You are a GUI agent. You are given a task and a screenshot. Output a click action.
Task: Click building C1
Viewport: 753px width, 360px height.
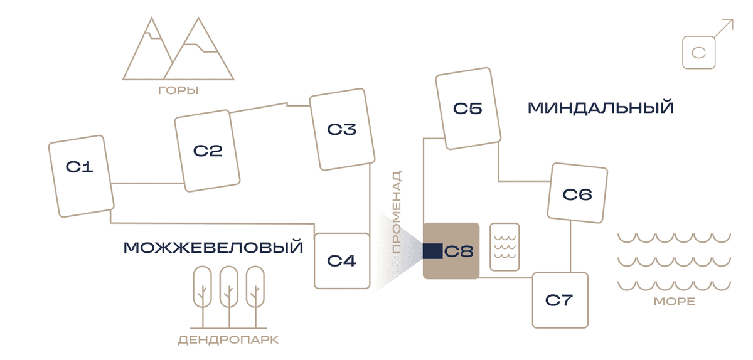coord(82,176)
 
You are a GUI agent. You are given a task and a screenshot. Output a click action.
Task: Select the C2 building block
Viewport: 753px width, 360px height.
coord(207,151)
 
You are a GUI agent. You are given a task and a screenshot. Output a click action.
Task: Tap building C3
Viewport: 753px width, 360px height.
coord(342,129)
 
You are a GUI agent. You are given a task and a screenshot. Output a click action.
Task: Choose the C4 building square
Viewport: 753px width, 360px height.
coord(342,261)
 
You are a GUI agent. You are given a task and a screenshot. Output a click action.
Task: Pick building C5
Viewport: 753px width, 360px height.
coord(468,109)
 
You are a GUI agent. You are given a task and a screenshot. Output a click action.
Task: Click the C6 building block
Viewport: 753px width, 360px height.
coord(577,193)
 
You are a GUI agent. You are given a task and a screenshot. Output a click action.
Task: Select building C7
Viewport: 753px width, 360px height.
coord(560,300)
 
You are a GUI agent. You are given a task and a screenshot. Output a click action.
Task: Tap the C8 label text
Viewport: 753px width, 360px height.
coord(459,251)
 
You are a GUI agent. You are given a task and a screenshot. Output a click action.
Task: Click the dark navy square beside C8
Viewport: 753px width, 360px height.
coord(432,251)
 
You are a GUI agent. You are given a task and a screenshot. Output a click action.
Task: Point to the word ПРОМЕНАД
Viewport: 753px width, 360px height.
coord(397,213)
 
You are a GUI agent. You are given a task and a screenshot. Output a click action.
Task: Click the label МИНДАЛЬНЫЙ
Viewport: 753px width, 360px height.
coord(601,108)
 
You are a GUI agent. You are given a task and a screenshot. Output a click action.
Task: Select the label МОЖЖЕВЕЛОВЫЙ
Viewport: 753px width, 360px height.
coord(213,247)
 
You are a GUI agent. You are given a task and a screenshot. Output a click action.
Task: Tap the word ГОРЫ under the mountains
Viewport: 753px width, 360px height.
coord(178,90)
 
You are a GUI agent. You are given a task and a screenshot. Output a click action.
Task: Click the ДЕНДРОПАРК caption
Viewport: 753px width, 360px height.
coord(228,340)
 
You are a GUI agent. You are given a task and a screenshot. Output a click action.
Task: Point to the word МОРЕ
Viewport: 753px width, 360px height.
coord(675,301)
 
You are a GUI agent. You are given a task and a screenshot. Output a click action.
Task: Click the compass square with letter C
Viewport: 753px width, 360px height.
coord(699,53)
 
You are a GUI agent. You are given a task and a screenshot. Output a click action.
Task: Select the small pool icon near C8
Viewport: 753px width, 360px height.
coord(505,246)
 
